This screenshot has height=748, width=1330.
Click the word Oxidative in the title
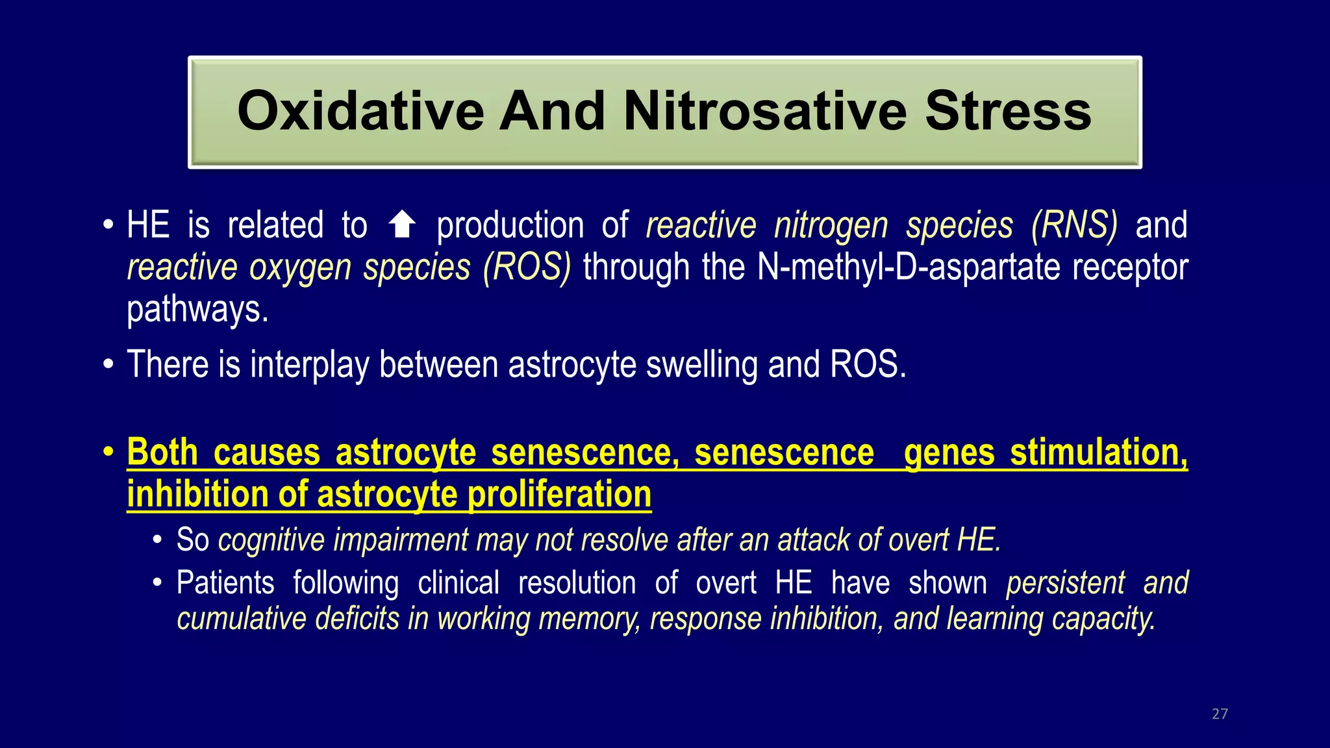click(360, 112)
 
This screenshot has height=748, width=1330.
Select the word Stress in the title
click(1008, 112)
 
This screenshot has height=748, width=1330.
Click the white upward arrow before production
click(402, 225)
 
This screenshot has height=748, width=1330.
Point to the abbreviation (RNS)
click(1074, 225)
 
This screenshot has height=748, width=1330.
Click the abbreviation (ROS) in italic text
click(527, 268)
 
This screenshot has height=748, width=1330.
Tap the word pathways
click(197, 309)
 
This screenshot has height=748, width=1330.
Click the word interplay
click(309, 364)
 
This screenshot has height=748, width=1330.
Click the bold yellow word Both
click(162, 452)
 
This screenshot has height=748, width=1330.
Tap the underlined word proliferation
click(559, 495)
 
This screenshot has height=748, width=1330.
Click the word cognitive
click(271, 540)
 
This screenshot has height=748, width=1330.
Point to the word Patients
click(225, 582)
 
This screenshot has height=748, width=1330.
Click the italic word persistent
click(1065, 582)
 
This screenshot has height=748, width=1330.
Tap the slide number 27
click(1220, 714)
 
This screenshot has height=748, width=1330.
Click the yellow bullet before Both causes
click(108, 452)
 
